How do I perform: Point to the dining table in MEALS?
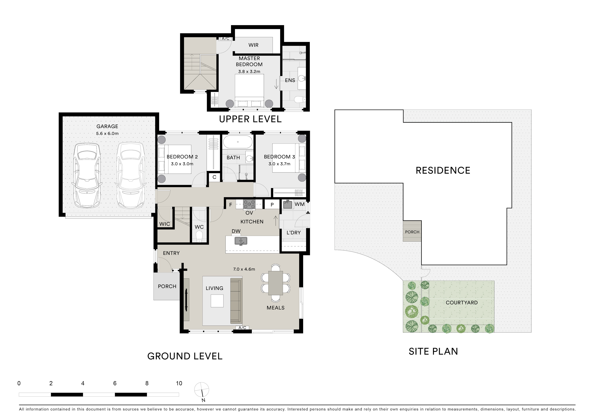(275, 283)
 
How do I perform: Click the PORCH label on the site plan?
(412, 232)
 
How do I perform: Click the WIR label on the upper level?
(253, 45)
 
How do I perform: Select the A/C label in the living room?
(242, 328)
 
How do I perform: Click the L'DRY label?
(294, 233)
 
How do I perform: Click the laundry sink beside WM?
(287, 204)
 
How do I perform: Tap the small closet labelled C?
(215, 177)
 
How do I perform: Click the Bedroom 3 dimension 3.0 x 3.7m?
(279, 164)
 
